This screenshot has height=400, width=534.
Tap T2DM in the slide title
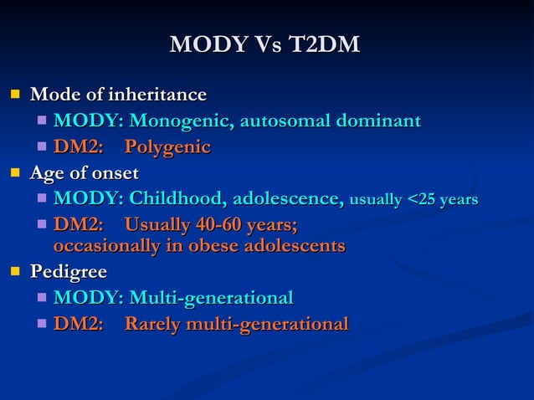coord(323,45)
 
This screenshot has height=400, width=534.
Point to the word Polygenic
coord(167,148)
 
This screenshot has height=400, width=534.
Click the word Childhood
coord(176,199)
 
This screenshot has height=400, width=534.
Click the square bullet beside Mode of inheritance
coord(13,95)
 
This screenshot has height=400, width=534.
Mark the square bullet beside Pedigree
coord(13,272)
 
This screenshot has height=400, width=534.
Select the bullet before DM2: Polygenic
coord(42,148)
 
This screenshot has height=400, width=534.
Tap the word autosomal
coord(285,122)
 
